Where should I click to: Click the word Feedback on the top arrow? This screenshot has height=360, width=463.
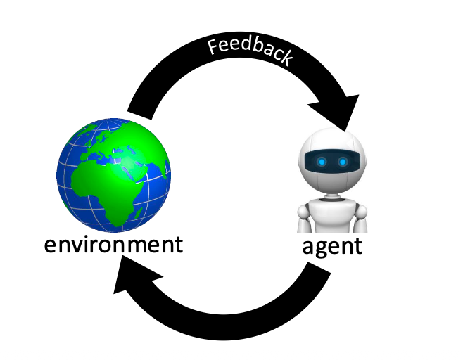(x=250, y=51)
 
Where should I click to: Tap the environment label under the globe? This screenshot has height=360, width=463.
(x=113, y=245)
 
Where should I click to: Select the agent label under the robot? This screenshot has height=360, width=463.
(x=332, y=247)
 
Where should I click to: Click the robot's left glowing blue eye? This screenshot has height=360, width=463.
(x=321, y=162)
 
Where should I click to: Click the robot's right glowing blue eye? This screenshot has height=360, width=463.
(x=343, y=162)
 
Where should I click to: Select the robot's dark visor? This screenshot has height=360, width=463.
(x=331, y=162)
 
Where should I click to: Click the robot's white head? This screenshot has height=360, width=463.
(x=331, y=144)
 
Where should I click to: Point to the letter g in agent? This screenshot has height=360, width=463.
(x=319, y=250)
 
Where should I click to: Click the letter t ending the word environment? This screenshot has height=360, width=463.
(x=177, y=245)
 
